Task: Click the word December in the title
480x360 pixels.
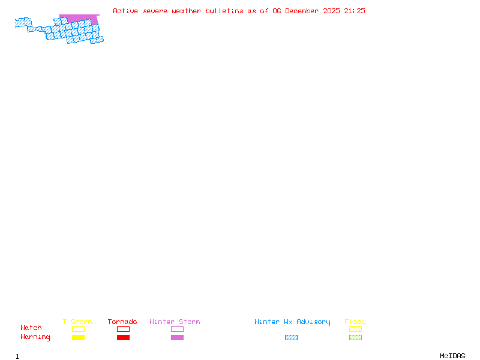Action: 302,11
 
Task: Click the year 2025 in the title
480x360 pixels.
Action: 331,11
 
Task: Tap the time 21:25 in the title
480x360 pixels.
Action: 355,11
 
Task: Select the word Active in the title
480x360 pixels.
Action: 125,11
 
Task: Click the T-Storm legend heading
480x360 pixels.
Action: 77,322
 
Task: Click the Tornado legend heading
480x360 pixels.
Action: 122,322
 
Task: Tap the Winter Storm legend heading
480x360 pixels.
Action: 175,322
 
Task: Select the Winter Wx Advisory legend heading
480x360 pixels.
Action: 292,322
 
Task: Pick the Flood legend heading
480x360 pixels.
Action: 355,322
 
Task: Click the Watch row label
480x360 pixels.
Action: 31,328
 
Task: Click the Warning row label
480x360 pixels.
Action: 35,337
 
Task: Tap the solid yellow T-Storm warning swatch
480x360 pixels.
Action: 79,338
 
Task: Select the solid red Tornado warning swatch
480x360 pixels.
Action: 124,338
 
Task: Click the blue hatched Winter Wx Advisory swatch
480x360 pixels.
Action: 291,338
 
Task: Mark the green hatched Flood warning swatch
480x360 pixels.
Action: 355,338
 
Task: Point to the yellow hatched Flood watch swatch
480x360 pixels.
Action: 355,329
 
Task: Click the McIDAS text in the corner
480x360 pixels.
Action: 452,356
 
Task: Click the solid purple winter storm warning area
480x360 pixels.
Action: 80,18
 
